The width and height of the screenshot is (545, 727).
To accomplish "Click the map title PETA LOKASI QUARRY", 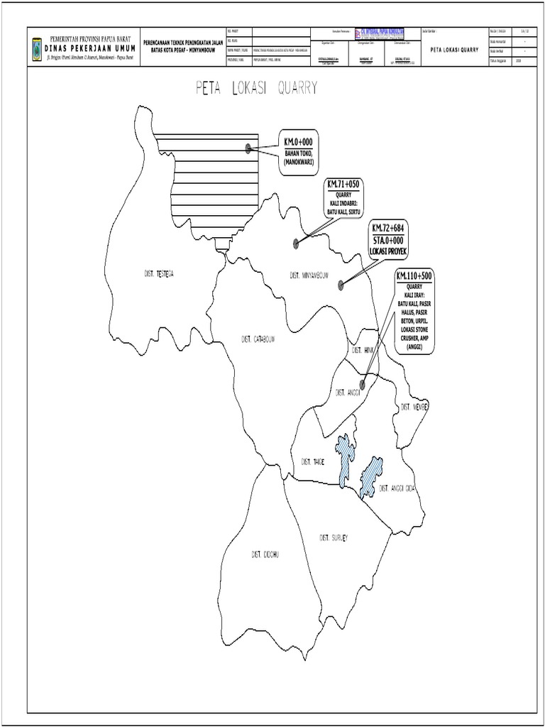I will tap(255, 88).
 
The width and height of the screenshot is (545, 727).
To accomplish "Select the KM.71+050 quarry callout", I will tap(343, 197).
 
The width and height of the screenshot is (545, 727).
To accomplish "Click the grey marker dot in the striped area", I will tap(248, 148).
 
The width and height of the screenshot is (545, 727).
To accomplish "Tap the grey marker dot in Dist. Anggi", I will tap(362, 385).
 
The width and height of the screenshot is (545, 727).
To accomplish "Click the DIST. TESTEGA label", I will tap(155, 273).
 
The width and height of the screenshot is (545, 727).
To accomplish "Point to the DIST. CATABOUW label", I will tap(258, 339).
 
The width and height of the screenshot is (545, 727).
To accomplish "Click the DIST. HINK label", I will tap(362, 351).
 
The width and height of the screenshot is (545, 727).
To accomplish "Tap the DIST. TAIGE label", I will tap(313, 461).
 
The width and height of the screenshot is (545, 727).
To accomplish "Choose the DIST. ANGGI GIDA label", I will tap(397, 488).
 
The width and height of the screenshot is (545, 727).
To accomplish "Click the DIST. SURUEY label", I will tap(334, 537).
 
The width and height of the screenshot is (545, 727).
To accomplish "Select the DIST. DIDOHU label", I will tap(265, 554).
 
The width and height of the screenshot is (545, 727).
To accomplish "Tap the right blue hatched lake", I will tap(370, 476).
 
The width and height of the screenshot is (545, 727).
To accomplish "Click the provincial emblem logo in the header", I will tap(38, 48).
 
